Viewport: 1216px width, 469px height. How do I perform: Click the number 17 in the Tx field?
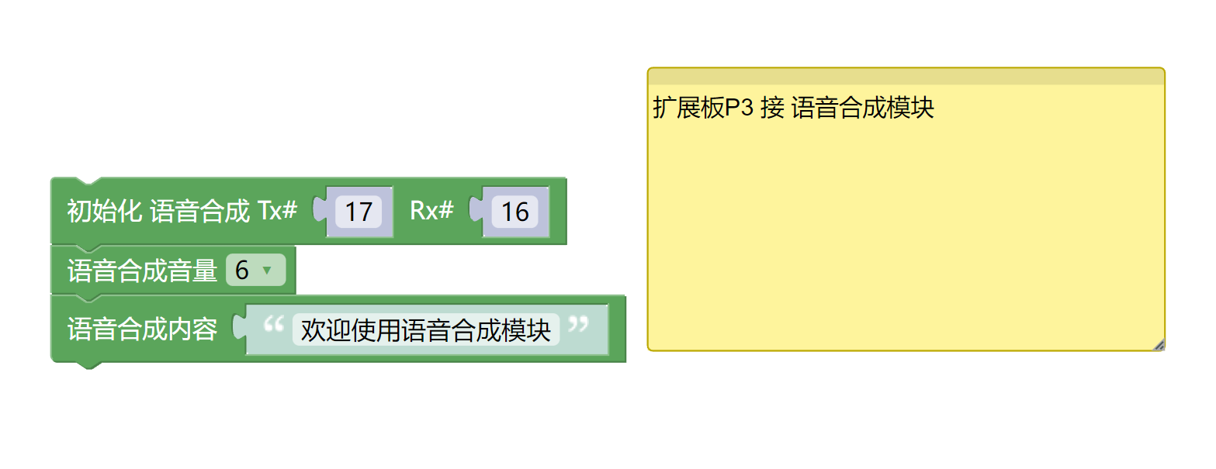(x=359, y=212)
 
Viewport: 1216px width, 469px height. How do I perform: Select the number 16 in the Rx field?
(x=514, y=212)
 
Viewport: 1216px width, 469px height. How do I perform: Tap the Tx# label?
(x=277, y=211)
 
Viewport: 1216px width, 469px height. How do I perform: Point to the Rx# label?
(x=431, y=211)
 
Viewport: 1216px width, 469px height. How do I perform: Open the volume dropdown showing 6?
(x=255, y=270)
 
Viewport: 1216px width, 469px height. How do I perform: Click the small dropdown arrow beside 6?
(x=267, y=271)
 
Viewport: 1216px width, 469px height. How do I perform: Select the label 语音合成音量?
(x=142, y=271)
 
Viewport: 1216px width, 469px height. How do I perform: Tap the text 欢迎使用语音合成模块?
(x=425, y=329)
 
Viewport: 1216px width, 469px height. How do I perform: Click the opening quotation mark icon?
(x=273, y=325)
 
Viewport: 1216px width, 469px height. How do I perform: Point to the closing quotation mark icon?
(x=578, y=325)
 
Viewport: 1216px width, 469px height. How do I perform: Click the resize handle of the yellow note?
(x=1159, y=345)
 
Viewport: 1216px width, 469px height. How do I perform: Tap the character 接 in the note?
(x=771, y=108)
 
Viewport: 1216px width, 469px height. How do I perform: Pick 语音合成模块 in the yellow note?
(x=862, y=108)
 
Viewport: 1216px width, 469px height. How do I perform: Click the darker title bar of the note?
(x=906, y=76)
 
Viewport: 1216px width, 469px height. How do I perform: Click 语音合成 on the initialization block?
(x=199, y=211)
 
